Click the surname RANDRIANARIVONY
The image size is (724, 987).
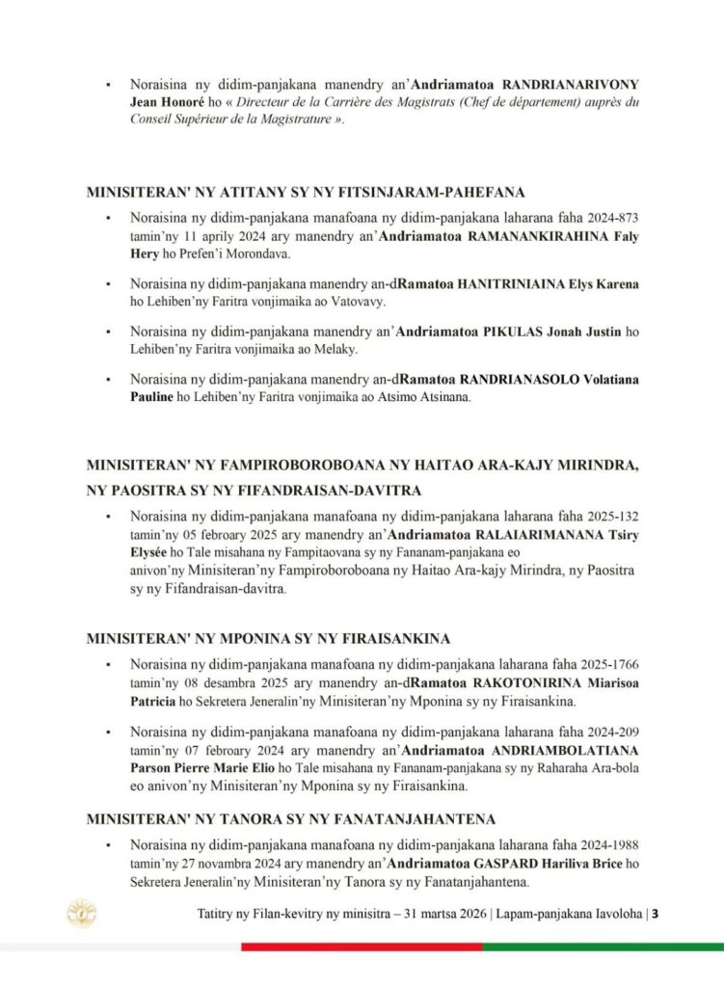[558, 85]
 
